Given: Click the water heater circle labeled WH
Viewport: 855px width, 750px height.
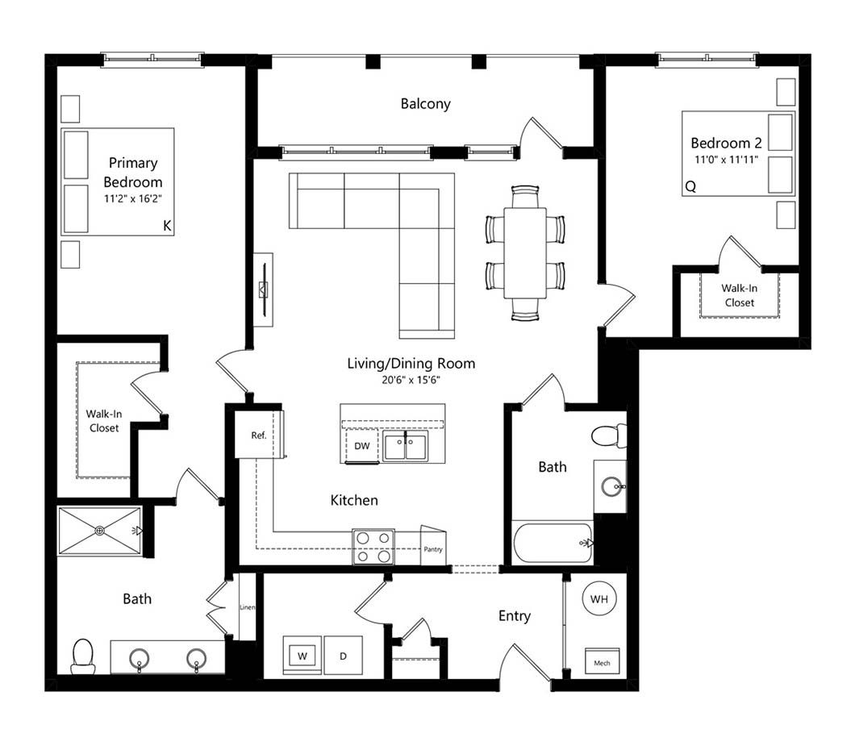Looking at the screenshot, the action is point(598,598).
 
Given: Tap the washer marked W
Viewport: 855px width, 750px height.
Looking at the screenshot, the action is point(302,655).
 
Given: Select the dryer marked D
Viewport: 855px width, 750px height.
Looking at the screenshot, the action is point(344,655).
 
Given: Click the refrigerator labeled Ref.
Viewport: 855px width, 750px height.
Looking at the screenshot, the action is point(258,435).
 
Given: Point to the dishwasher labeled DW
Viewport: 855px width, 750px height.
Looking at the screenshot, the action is point(362,445).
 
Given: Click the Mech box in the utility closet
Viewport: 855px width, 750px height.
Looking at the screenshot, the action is point(602,661).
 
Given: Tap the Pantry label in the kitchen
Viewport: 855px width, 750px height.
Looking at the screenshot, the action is point(433,549).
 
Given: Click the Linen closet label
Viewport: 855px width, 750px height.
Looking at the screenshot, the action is point(247,607).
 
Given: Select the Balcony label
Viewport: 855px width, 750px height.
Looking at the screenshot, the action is point(425,103).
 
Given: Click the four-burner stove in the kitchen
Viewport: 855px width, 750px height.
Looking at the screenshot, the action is point(373,547).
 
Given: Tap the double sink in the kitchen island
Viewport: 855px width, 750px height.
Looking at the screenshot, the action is point(405,447).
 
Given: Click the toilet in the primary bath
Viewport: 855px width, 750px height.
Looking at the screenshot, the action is point(83,656).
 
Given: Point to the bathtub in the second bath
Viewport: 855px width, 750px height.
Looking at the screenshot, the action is point(553,542).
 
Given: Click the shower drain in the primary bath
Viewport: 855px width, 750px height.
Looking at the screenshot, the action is point(100,531).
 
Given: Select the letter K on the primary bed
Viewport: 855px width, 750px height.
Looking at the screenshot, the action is point(168,226).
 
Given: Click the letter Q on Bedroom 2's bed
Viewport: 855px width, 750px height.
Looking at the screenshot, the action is point(690,187).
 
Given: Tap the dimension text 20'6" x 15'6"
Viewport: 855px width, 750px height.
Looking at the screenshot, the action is point(411,380).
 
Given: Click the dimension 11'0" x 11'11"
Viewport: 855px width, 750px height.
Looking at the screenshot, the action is point(726,160).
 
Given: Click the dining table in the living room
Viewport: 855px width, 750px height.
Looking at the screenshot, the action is point(525,253).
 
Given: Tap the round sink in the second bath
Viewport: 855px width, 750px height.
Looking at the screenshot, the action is point(612,486).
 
